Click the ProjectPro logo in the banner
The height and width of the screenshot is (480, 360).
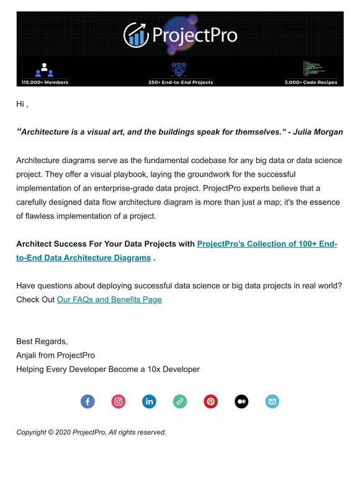180,35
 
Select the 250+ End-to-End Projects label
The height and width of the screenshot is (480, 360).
180,82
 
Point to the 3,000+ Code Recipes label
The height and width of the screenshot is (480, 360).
311,82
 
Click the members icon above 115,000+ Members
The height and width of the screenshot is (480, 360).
44,69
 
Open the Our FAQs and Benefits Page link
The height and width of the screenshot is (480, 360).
109,300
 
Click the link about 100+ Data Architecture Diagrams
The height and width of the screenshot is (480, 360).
267,244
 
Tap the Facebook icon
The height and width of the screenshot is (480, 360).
88,401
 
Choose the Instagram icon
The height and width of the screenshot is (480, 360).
119,401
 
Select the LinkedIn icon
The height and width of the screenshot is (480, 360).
149,401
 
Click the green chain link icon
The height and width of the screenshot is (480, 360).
180,401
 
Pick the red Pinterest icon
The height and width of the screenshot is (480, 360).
211,401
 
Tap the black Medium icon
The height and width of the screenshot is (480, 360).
241,401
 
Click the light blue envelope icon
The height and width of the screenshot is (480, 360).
272,401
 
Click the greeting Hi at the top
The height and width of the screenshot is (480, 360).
20,104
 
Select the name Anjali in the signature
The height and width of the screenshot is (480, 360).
29,355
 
